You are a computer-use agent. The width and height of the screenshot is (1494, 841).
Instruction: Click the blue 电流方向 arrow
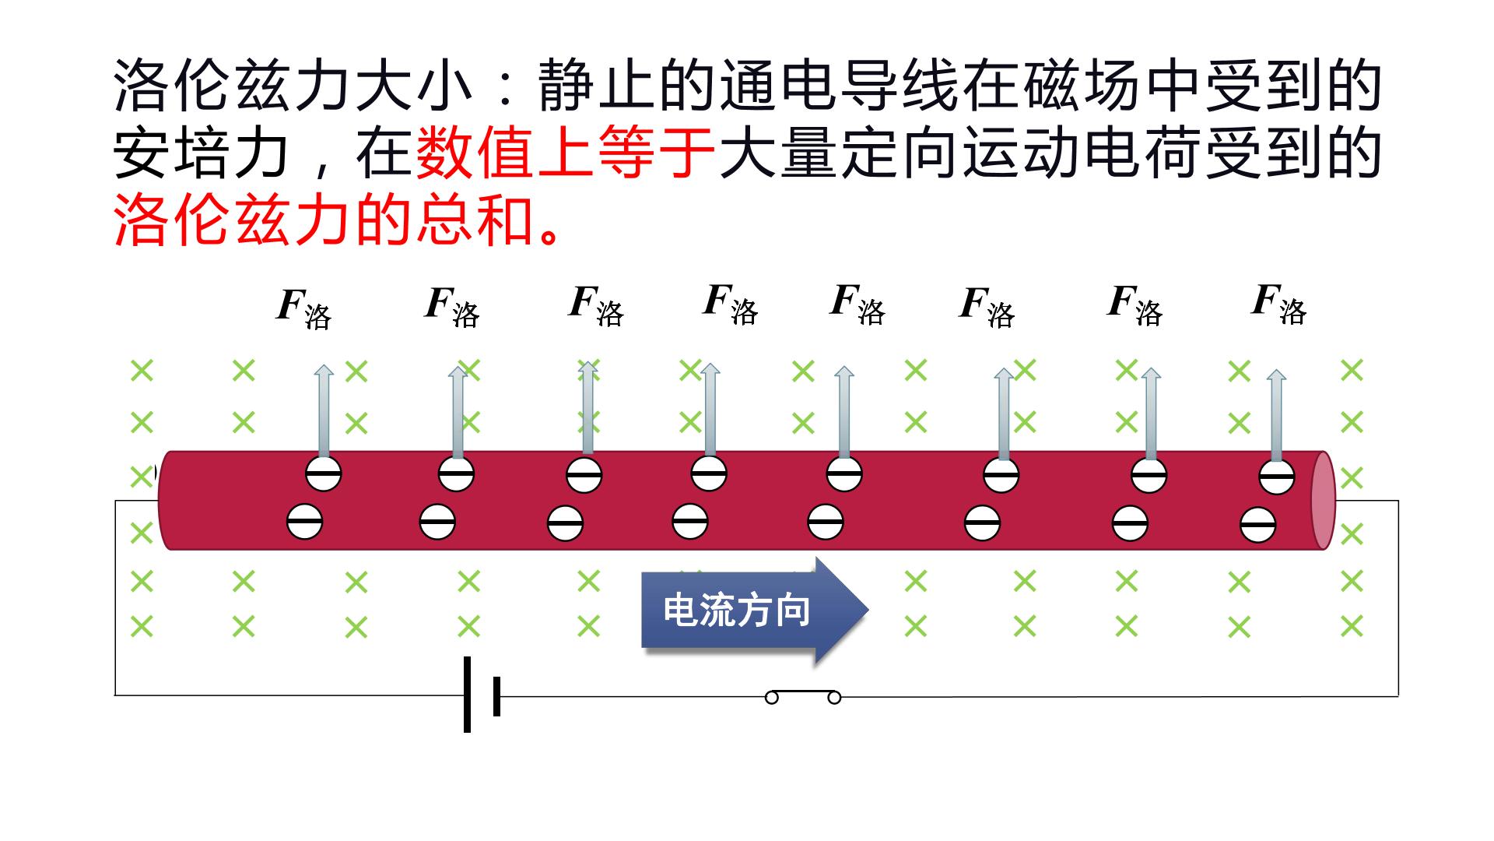753,611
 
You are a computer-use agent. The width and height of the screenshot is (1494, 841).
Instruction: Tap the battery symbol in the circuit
481,695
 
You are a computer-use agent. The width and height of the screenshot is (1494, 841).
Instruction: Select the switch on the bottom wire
803,696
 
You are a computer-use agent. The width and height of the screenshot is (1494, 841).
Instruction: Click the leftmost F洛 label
303,308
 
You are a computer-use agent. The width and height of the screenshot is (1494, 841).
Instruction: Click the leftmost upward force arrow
323,410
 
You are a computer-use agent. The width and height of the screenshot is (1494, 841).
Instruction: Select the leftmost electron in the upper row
323,473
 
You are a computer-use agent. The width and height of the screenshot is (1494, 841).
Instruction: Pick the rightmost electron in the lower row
1257,524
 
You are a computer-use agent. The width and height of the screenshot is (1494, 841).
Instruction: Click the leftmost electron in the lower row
304,521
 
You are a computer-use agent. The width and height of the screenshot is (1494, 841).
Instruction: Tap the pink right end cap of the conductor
1323,501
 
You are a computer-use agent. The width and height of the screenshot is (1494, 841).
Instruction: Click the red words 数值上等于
566,153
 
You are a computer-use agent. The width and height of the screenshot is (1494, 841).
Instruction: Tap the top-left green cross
142,370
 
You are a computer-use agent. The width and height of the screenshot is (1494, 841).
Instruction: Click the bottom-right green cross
1352,626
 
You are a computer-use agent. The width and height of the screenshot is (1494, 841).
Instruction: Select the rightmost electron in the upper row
1277,477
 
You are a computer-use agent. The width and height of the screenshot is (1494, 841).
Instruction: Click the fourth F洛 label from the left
730,304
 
